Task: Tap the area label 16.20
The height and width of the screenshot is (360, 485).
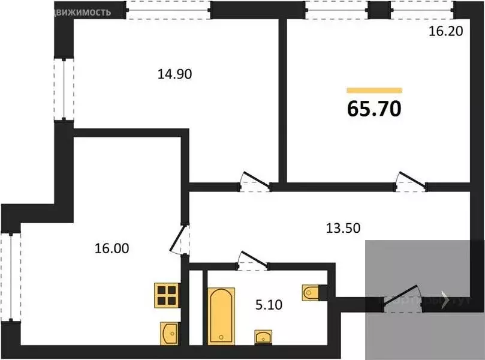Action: click(x=445, y=32)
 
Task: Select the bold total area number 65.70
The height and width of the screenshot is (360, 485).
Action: click(x=374, y=109)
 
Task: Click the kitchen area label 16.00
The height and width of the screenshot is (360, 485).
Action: click(x=112, y=247)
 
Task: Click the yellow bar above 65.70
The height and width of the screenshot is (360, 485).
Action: click(x=374, y=90)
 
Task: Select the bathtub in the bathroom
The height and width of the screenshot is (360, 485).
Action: click(x=221, y=316)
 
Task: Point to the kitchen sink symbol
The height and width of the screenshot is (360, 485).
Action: click(x=169, y=332)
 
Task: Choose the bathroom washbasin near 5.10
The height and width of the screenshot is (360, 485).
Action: click(x=263, y=337)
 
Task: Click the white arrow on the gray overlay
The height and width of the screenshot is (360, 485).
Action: click(x=445, y=299)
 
